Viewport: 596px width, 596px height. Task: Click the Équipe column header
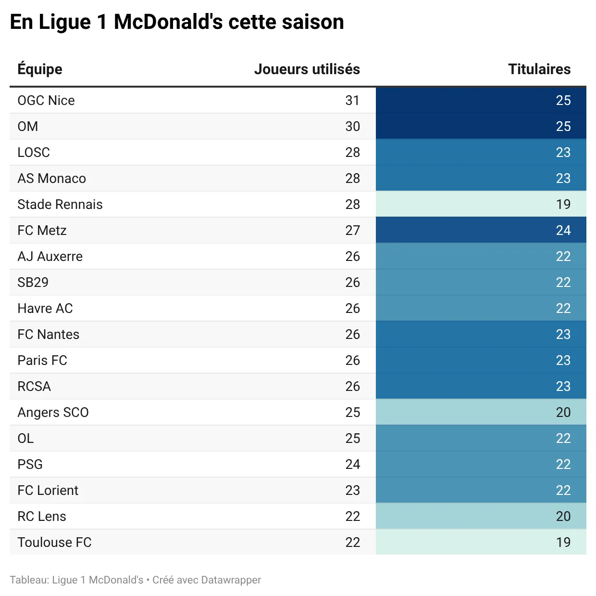tap(40, 69)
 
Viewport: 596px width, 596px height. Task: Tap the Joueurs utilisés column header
tap(307, 69)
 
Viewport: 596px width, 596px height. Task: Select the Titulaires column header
tap(539, 69)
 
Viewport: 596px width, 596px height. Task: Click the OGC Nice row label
tap(46, 100)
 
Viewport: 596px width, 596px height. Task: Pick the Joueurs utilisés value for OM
tap(352, 126)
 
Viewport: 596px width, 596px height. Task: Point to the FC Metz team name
tap(42, 230)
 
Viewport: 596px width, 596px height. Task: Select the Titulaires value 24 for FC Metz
tap(563, 230)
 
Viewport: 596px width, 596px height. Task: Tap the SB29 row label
tap(33, 282)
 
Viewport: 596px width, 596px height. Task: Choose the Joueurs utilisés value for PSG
tap(352, 464)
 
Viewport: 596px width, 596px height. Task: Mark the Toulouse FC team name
tap(54, 542)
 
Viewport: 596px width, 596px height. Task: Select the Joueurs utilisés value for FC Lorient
tap(352, 490)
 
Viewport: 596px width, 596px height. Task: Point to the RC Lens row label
tap(42, 516)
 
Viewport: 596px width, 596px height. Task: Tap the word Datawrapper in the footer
tap(231, 580)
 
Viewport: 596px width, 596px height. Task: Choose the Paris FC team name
tap(42, 360)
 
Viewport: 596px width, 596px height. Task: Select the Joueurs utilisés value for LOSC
tap(352, 152)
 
